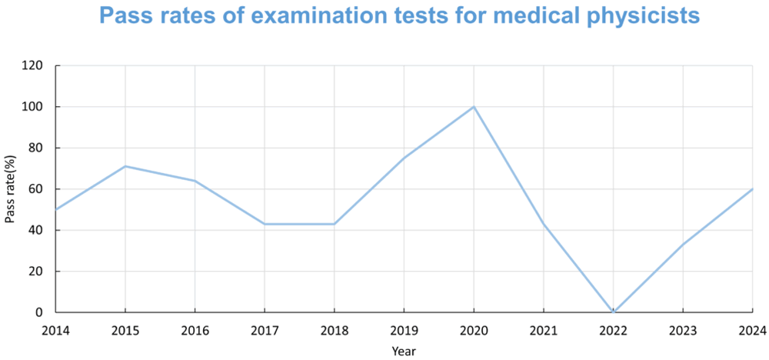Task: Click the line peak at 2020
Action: click(474, 106)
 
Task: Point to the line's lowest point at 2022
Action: click(613, 312)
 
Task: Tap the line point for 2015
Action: click(125, 166)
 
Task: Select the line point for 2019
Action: click(404, 158)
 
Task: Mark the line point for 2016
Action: click(195, 181)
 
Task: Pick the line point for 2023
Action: click(683, 244)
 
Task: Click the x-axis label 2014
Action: click(55, 330)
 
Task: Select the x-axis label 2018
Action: click(334, 330)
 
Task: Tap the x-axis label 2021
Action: click(544, 330)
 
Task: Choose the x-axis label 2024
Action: click(752, 330)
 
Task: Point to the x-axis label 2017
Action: click(265, 330)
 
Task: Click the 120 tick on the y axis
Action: click(32, 65)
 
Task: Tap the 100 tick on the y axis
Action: click(32, 107)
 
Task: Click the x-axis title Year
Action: click(404, 350)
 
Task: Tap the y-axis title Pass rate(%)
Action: click(10, 189)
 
